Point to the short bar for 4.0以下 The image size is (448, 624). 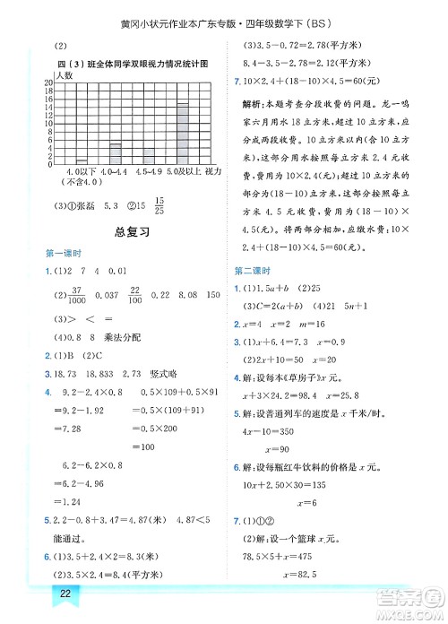pyautogui.click(x=82, y=161)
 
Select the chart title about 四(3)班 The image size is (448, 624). pyautogui.click(x=133, y=64)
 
